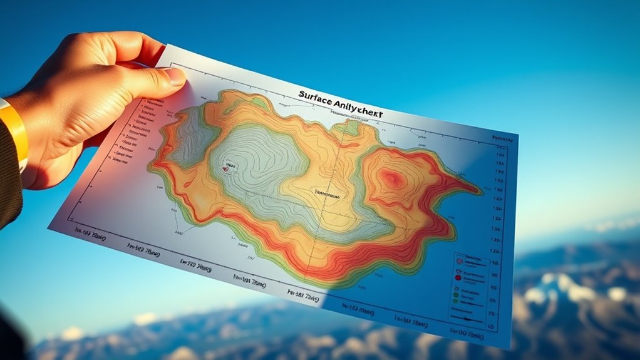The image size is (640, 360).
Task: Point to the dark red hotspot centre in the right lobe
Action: coord(393,180)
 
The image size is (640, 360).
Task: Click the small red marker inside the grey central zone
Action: coord(225,168)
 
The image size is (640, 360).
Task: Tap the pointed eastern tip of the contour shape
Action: coord(482,190)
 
